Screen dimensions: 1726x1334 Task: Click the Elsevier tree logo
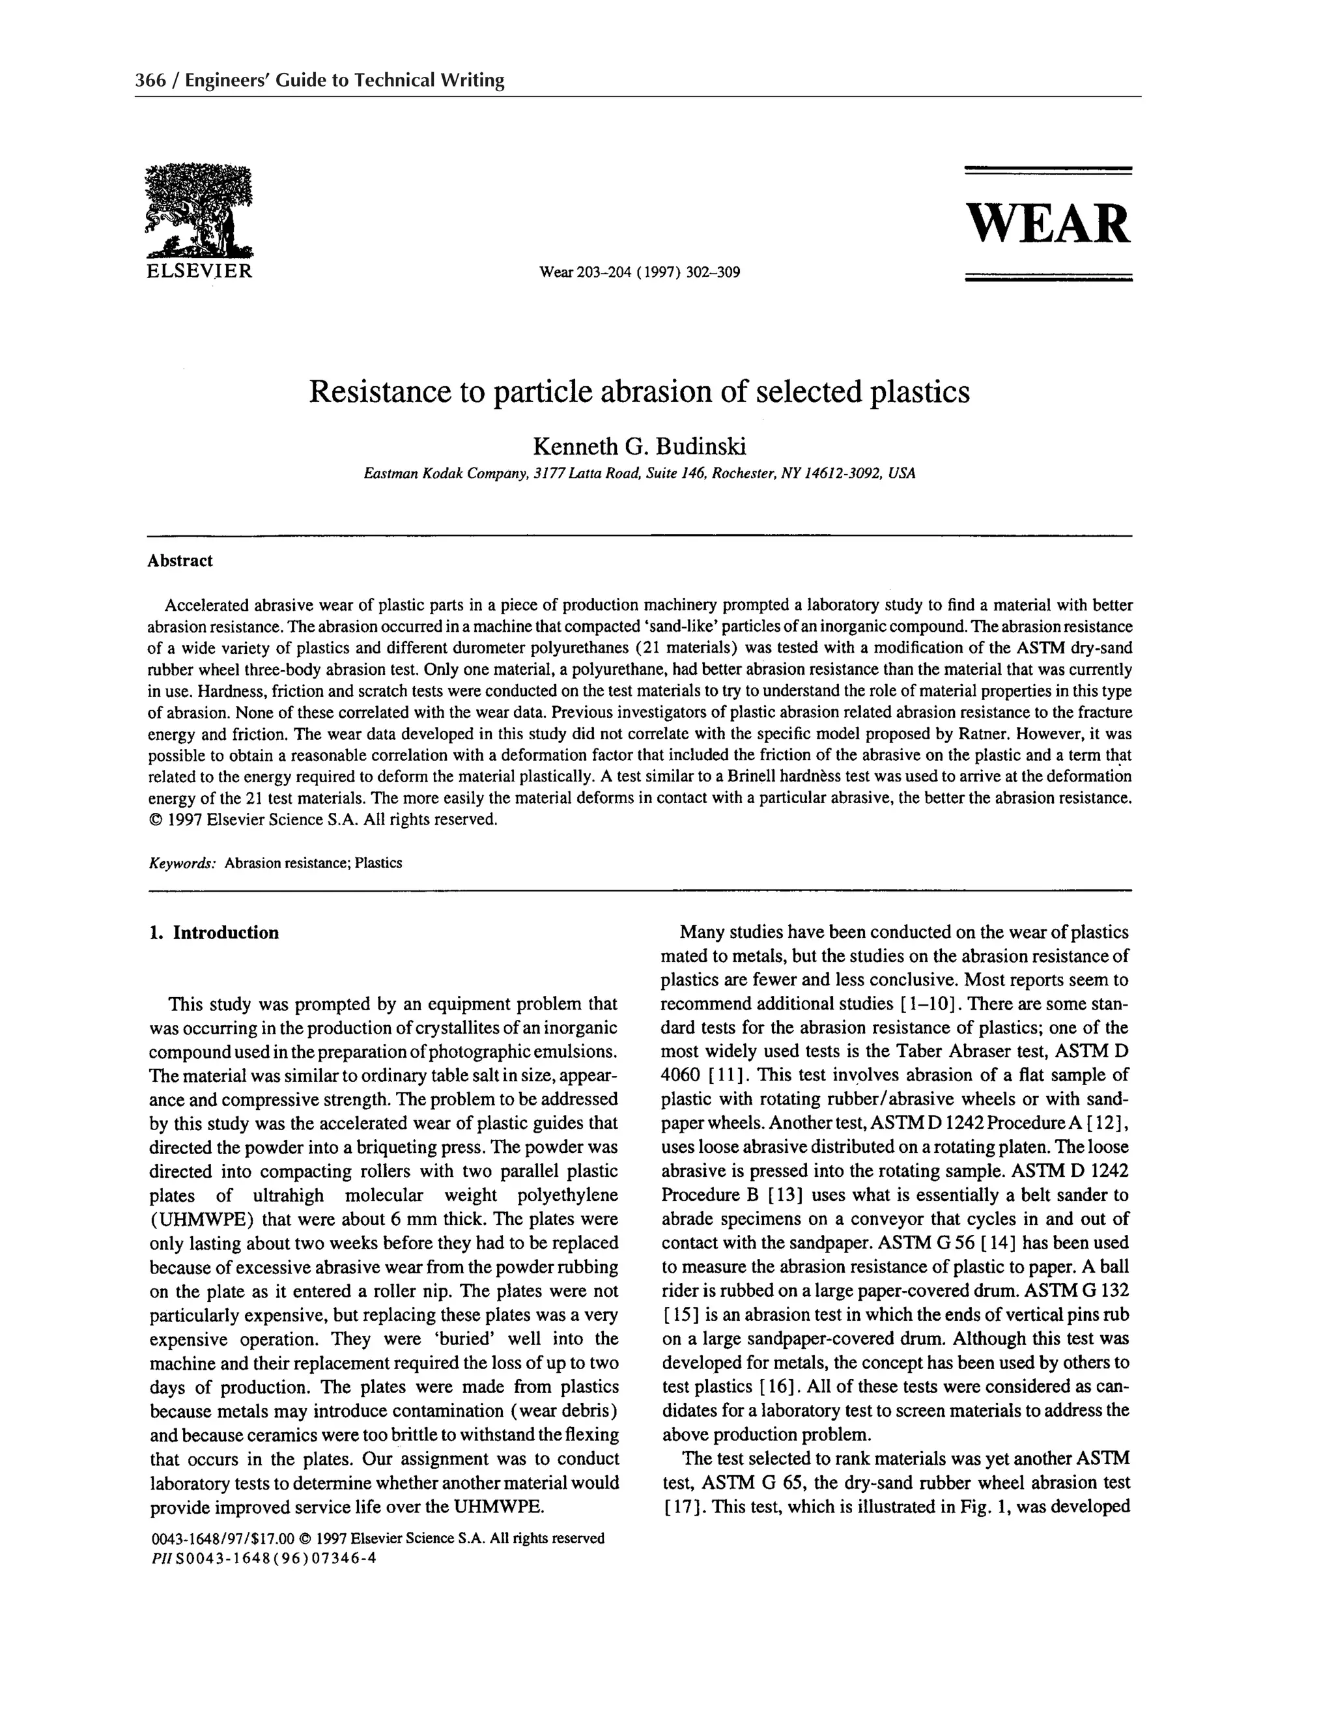coord(199,210)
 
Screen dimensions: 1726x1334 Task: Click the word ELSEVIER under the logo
coord(199,272)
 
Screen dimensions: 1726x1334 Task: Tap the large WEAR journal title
coord(1049,225)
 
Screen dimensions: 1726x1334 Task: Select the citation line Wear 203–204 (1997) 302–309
coord(640,274)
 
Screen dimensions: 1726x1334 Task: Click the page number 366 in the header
coord(149,80)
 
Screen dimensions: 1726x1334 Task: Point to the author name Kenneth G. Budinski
coord(640,447)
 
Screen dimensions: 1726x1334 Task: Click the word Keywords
coord(182,863)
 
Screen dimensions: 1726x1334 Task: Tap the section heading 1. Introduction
coord(214,933)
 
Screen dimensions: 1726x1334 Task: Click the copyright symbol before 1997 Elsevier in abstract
coord(155,819)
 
